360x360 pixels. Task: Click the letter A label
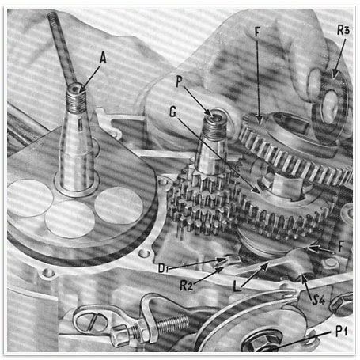click(x=103, y=58)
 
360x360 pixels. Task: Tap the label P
click(x=179, y=81)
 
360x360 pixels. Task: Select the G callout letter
click(x=172, y=112)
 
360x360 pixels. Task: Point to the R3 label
click(x=343, y=30)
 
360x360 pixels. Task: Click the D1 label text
click(x=163, y=268)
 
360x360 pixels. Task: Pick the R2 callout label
click(x=186, y=286)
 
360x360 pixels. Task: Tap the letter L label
click(x=237, y=286)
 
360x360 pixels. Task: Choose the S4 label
click(x=319, y=300)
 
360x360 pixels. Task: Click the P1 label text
click(x=342, y=331)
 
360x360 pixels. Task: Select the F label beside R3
click(x=257, y=32)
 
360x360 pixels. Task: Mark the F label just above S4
click(x=342, y=247)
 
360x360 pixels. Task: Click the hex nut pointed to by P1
click(x=260, y=342)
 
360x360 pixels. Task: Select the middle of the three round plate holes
click(x=70, y=219)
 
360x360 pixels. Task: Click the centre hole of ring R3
click(x=330, y=107)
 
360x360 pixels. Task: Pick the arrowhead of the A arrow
click(x=82, y=90)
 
